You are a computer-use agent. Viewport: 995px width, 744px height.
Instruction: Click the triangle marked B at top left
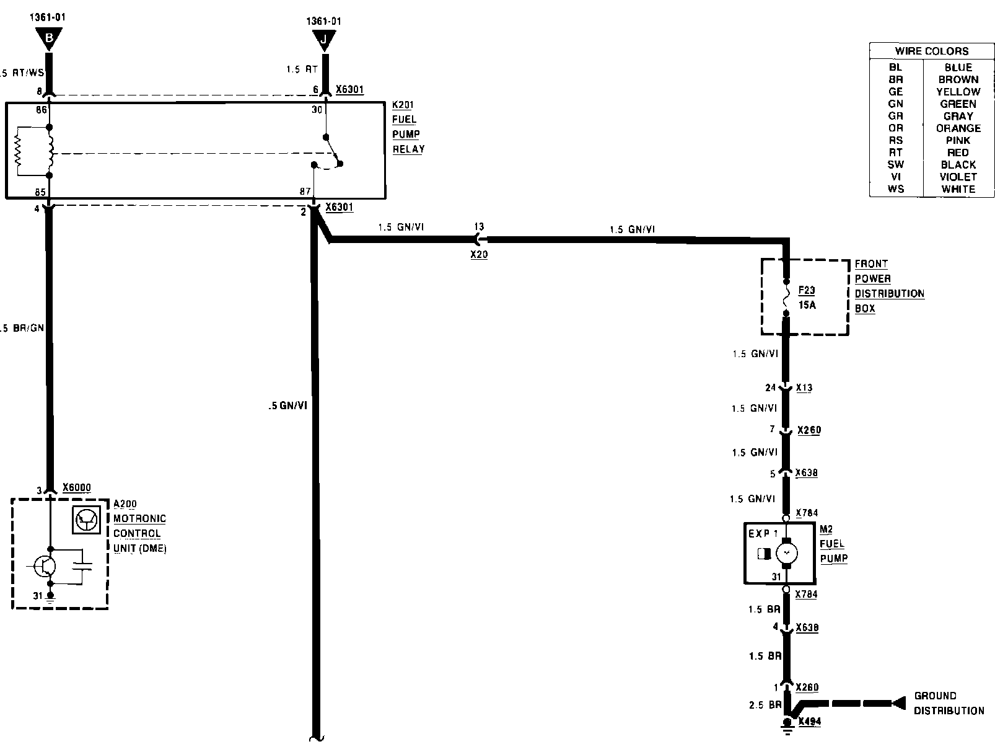50,40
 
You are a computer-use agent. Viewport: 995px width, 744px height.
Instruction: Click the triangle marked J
323,40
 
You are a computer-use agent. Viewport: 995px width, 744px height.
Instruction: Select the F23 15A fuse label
807,298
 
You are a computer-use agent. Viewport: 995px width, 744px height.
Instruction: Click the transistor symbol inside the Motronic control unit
45,565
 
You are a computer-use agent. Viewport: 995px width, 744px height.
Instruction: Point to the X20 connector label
479,255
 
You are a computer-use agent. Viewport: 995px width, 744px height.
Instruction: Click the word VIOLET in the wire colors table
958,177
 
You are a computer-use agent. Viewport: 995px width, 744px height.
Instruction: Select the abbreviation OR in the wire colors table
895,128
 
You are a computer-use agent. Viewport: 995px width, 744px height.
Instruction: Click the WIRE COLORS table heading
931,51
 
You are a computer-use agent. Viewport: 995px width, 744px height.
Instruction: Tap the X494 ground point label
809,721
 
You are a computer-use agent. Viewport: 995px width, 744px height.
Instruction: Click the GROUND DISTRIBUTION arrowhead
899,703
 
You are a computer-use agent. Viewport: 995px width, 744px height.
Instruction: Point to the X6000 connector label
77,487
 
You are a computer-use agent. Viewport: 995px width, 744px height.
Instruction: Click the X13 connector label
804,388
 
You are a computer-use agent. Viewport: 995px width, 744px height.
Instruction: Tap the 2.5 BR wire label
765,705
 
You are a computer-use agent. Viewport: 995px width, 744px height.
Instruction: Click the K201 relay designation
403,105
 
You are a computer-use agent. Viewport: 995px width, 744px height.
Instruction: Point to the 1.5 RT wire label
302,69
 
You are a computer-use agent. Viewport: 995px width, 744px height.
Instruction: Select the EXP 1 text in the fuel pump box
763,533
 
